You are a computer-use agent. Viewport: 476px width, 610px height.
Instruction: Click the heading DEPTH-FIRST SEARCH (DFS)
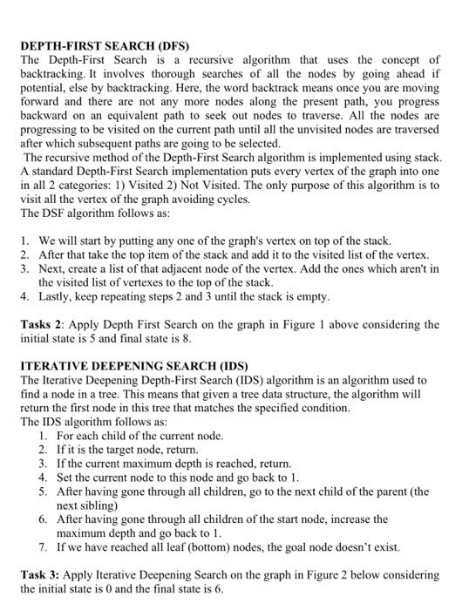104,44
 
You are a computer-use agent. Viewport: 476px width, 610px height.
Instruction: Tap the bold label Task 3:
41,575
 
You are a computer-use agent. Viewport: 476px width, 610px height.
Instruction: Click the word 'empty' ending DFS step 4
310,296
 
